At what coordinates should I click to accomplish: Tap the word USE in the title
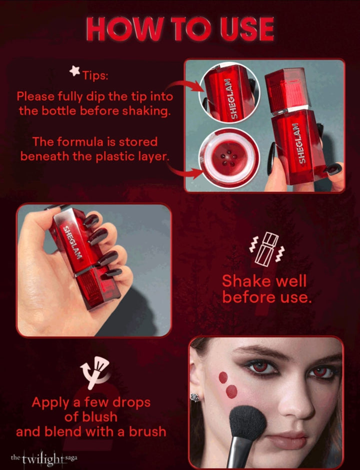pyautogui.click(x=246, y=29)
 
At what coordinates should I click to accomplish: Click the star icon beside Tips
pyautogui.click(x=75, y=71)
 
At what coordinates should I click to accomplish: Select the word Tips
pyautogui.click(x=95, y=75)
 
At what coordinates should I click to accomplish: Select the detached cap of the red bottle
pyautogui.click(x=287, y=91)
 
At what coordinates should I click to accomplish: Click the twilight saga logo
pyautogui.click(x=44, y=459)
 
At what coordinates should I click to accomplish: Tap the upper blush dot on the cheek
pyautogui.click(x=223, y=378)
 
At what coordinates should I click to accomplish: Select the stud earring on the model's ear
pyautogui.click(x=195, y=398)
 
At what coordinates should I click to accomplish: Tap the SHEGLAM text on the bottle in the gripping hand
pyautogui.click(x=72, y=242)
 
